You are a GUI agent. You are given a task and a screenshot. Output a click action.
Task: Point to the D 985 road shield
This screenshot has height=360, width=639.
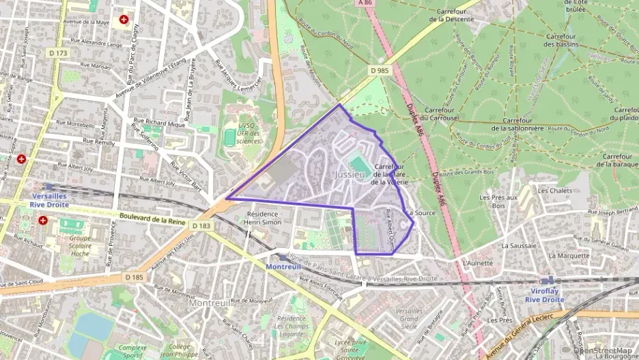380,70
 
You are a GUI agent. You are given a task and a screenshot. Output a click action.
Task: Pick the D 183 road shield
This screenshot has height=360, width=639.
201,225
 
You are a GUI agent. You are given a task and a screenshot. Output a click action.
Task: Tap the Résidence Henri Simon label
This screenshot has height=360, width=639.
263,218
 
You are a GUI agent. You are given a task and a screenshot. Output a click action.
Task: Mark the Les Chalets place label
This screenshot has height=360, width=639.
554,191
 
